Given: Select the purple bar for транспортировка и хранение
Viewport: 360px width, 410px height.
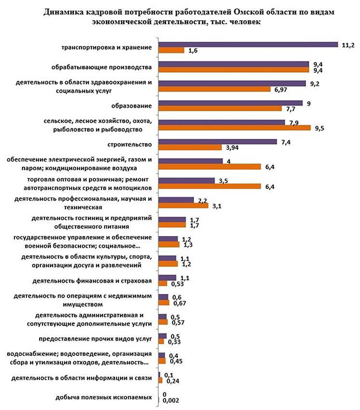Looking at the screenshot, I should tap(248, 44).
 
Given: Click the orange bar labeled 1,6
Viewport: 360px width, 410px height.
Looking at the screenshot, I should tap(171, 50).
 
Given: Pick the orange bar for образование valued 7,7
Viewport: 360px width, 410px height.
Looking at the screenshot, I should tap(220, 109).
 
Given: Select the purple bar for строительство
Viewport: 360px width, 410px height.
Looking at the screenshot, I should tap(218, 142).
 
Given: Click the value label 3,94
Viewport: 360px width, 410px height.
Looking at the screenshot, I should tap(232, 147).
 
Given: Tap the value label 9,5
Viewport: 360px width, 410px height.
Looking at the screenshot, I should tap(321, 128).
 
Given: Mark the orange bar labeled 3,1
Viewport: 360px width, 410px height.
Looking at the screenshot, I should tap(183, 206).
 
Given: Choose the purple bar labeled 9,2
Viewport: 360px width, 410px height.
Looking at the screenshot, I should tap(232, 83).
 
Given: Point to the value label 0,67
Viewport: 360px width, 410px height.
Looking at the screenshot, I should tap(180, 303).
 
